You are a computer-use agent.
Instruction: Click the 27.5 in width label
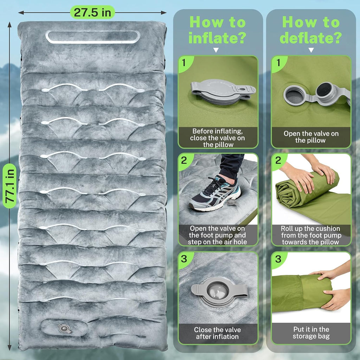pyautogui.click(x=92, y=12)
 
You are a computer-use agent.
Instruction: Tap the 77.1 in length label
pyautogui.click(x=9, y=186)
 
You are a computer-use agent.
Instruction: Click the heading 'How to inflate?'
pyautogui.click(x=217, y=30)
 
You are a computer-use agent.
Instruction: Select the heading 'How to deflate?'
pyautogui.click(x=311, y=30)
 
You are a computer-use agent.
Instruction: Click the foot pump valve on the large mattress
pyautogui.click(x=65, y=328)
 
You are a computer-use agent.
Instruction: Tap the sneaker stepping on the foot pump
pyautogui.click(x=215, y=194)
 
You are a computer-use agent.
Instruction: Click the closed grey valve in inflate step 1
pyautogui.click(x=223, y=91)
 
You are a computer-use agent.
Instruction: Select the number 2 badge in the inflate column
pyautogui.click(x=184, y=160)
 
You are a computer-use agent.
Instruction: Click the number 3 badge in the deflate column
pyautogui.click(x=278, y=259)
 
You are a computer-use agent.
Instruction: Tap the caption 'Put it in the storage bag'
pyautogui.click(x=311, y=333)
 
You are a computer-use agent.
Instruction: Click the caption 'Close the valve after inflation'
pyautogui.click(x=217, y=333)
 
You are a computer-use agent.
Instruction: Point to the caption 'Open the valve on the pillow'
pyautogui.click(x=311, y=137)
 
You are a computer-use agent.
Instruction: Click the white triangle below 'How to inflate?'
pyautogui.click(x=216, y=50)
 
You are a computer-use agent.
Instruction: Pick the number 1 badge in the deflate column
pyautogui.click(x=278, y=63)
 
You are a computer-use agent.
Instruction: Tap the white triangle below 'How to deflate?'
pyautogui.click(x=311, y=50)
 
